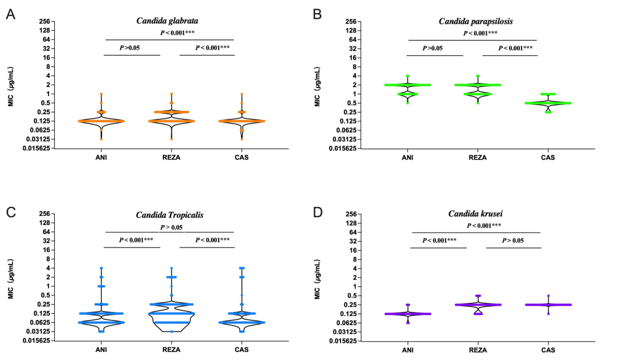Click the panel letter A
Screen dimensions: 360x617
click(10, 14)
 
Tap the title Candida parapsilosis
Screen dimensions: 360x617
click(475, 21)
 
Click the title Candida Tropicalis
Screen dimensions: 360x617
click(170, 215)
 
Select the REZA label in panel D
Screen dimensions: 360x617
click(478, 350)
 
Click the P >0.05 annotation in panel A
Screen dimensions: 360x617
click(130, 48)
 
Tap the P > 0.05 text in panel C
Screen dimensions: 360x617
click(171, 227)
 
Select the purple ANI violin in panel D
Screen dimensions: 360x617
click(408, 314)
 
